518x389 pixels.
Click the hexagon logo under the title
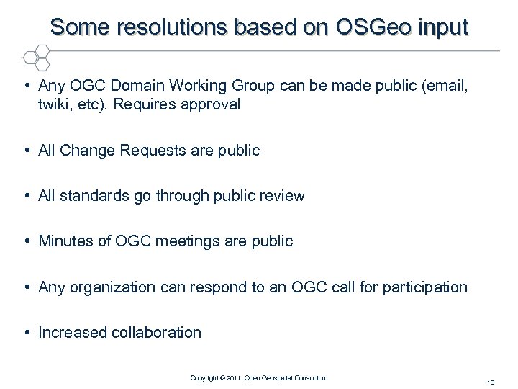[35, 57]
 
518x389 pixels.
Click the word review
[281, 195]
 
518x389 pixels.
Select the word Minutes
[65, 241]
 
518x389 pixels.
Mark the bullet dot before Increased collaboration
[27, 332]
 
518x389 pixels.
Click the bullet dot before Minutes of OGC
[27, 241]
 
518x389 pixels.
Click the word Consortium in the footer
[310, 377]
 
